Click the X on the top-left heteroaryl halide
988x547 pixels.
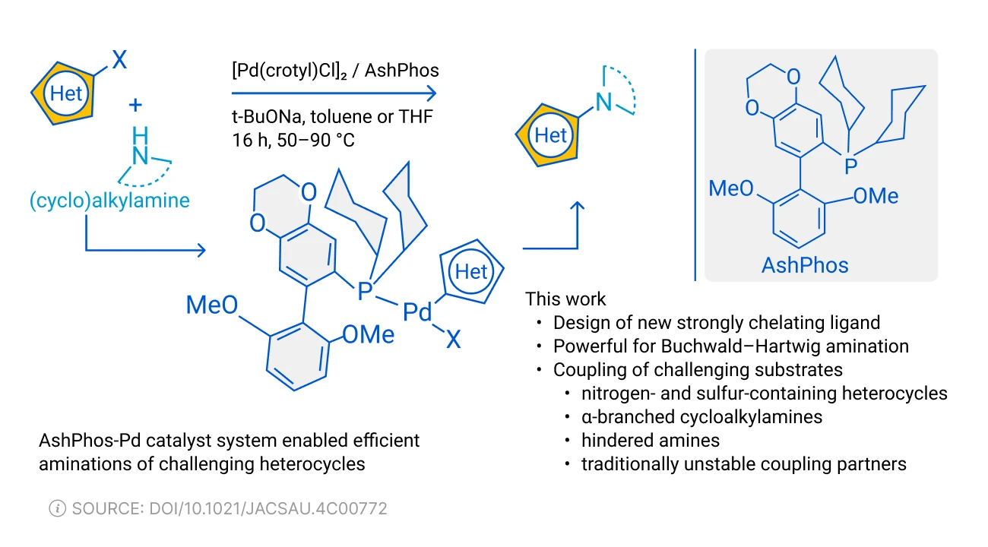(119, 59)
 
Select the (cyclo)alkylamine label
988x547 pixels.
(109, 201)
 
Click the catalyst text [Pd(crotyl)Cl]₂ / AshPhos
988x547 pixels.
(335, 70)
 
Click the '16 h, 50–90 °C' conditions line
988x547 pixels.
(293, 141)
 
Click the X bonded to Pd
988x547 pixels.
(453, 340)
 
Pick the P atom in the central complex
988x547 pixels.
(366, 289)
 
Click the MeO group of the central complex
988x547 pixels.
(212, 306)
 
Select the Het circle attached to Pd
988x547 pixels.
(470, 271)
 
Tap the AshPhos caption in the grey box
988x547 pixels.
(805, 264)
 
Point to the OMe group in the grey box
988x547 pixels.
(876, 196)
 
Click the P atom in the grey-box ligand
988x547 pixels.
(851, 163)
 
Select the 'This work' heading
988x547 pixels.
(566, 298)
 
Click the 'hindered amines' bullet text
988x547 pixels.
(650, 440)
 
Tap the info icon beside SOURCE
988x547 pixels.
(57, 508)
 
